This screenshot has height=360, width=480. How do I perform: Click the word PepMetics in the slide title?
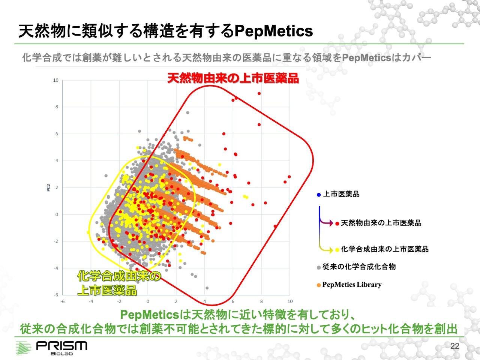tap(274, 31)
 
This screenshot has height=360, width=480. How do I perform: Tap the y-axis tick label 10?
tap(56, 80)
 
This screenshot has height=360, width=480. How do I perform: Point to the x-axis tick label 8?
tap(261, 301)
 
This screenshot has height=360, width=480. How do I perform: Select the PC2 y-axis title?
tap(48, 187)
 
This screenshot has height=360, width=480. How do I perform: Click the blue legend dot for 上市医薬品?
tap(319, 195)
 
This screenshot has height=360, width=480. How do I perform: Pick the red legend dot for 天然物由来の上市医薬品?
tap(337, 223)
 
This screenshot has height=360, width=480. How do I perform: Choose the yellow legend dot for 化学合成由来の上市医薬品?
tap(337, 250)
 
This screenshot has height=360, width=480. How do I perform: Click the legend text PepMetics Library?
tap(352, 285)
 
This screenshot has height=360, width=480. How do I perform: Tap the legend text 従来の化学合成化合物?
tap(359, 267)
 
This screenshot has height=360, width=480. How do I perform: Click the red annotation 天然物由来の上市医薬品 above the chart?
tap(233, 78)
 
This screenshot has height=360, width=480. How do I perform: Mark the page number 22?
tap(454, 346)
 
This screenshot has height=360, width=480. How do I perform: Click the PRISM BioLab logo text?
tap(61, 348)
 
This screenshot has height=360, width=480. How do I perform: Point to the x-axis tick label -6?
tap(63, 301)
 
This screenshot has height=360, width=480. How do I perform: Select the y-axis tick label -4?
tap(56, 268)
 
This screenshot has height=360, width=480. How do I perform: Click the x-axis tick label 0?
tap(148, 301)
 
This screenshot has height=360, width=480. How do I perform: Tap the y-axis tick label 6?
tap(57, 134)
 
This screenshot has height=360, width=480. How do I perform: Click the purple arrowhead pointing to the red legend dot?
tap(331, 223)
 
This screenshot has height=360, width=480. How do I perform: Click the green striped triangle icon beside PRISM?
tap(23, 348)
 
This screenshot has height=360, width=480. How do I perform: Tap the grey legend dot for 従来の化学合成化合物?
tap(319, 267)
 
